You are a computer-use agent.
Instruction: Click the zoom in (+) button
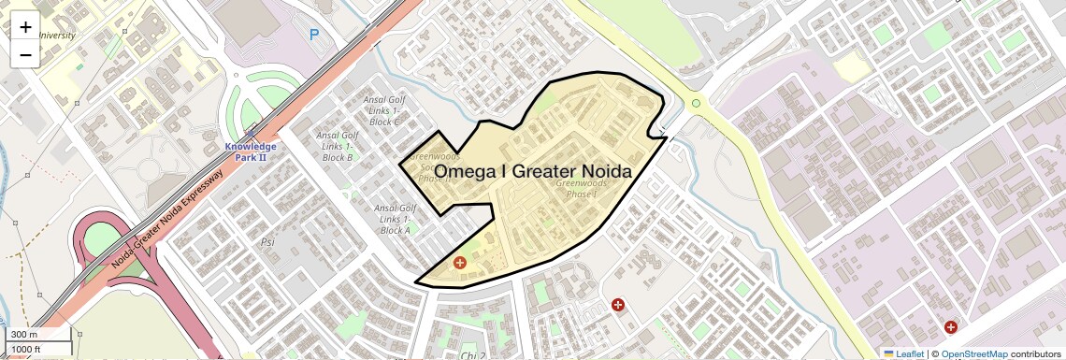point(25,27)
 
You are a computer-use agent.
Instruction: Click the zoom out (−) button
point(25,55)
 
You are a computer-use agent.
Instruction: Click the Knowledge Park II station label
point(250,151)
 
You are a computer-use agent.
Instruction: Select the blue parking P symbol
point(314,35)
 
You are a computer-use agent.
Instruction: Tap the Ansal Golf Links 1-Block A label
point(395,219)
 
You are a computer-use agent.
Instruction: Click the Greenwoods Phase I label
point(581,189)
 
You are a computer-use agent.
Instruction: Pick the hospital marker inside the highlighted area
point(459,264)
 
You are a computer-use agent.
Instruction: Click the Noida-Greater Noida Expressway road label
point(168,219)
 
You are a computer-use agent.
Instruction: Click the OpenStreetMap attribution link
point(974,353)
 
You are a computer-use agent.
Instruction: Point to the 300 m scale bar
point(37,334)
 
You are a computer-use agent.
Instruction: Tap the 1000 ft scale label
point(38,349)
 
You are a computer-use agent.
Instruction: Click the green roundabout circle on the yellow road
point(696,103)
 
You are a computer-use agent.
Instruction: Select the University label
point(57,36)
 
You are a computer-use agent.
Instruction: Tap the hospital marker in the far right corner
point(950,327)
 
